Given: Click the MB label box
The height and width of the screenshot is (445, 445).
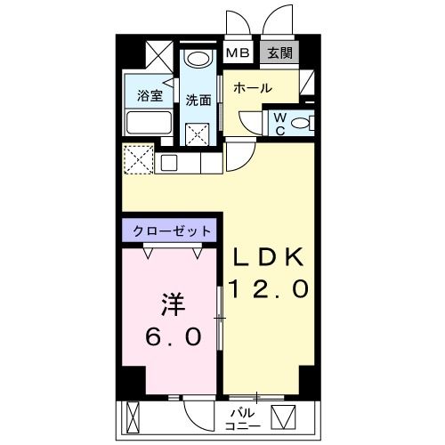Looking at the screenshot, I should pos(238,53).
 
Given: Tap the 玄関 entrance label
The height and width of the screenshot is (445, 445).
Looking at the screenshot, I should pos(280,53).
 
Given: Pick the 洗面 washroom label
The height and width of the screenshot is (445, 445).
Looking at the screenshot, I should pos(198,100).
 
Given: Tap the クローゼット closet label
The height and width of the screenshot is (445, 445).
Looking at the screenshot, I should pos(172,231).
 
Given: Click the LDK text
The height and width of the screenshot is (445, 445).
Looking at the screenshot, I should pos(270,258).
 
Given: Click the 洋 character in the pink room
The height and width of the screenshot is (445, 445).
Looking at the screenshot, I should pos(171,307).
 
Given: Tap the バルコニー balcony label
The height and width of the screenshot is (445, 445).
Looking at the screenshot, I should pos(243,417).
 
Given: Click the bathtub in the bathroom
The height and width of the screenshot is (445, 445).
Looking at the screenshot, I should pos(149,122).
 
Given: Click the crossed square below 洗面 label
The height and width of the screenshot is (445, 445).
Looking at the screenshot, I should pos(198,132).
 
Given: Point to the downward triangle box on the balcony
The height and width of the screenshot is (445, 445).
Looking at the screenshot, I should pos(284,416).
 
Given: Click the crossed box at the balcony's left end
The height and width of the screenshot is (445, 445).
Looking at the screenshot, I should pos(133,416).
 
